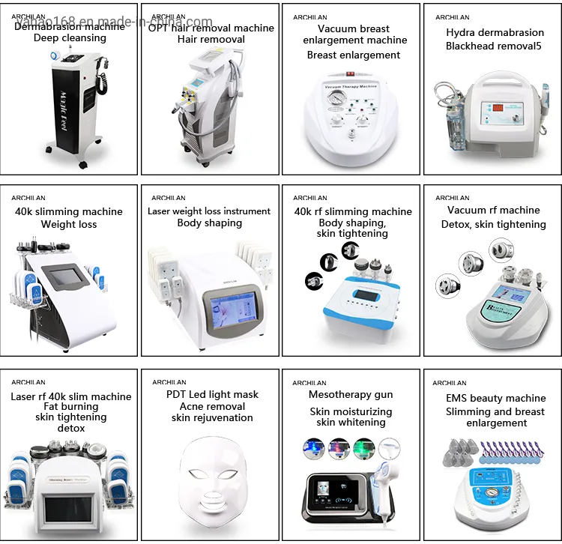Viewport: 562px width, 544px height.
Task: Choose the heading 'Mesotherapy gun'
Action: coord(351,395)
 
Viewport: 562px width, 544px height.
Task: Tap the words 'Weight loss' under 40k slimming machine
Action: coord(69,224)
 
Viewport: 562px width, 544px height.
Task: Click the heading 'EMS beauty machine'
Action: coord(496,399)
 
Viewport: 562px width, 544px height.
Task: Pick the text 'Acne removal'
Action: coord(212,406)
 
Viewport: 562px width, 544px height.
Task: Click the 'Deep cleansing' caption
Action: coord(70,38)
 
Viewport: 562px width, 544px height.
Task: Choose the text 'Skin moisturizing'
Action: coord(351,412)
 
